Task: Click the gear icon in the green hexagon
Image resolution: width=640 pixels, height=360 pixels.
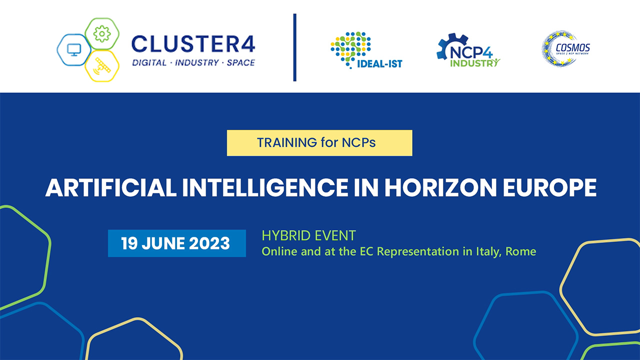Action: [102, 34]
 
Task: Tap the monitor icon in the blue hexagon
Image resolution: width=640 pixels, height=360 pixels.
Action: [74, 50]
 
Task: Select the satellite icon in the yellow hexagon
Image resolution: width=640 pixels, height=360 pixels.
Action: [101, 66]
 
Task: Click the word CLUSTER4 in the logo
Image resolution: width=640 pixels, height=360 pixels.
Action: [193, 44]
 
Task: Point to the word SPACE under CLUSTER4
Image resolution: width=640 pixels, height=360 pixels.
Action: [240, 62]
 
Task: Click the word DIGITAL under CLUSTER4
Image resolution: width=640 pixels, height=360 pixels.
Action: [149, 62]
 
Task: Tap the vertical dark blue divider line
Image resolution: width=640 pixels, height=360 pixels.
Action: [295, 47]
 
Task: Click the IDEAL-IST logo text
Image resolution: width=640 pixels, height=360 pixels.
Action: [379, 64]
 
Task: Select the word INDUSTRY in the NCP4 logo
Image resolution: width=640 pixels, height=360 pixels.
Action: [475, 63]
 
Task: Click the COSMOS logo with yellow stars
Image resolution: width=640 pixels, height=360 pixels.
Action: [565, 49]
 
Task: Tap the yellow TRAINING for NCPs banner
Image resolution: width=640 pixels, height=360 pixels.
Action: [319, 143]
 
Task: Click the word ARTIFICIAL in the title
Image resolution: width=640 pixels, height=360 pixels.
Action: [111, 187]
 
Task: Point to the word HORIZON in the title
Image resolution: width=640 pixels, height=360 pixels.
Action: [440, 187]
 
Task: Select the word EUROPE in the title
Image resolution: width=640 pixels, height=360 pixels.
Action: [549, 187]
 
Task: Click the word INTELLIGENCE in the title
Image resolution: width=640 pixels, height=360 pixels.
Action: [265, 187]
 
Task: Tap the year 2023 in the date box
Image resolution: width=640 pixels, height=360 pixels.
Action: [209, 243]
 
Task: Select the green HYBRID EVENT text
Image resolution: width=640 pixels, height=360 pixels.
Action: [308, 235]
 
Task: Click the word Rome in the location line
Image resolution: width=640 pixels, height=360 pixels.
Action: [520, 251]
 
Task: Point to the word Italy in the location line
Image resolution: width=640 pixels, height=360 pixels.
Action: [488, 252]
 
